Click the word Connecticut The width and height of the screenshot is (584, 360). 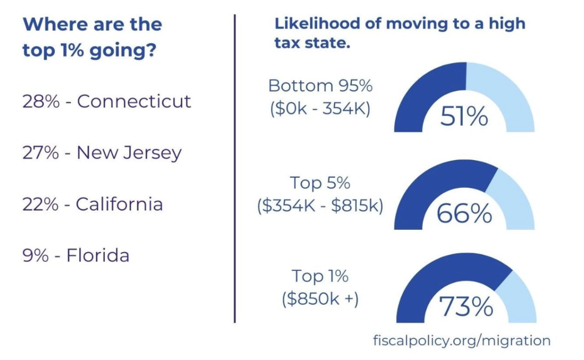134,101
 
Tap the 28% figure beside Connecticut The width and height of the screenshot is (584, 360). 41,101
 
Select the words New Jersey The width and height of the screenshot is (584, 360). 129,153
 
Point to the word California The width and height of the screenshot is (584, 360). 119,204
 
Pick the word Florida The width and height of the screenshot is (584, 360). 98,255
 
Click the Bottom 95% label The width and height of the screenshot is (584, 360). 320,86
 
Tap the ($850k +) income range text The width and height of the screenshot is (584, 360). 320,300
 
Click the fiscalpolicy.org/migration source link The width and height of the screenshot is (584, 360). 462,340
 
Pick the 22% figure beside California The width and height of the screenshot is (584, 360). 40,204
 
